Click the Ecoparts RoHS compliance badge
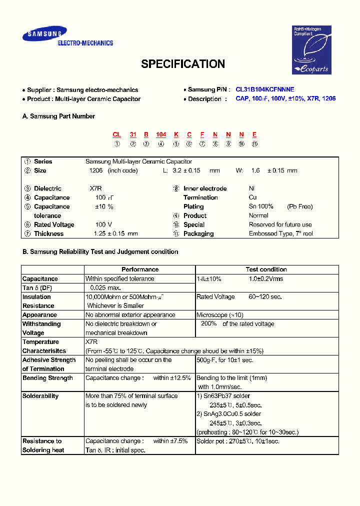311,50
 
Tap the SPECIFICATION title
182,64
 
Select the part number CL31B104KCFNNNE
265,89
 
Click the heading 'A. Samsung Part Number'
58,116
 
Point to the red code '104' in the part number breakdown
161,134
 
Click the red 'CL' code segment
116,134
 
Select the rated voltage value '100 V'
103,224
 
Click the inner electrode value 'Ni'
252,188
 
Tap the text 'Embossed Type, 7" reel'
280,233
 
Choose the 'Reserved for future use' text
280,224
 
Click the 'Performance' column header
140,269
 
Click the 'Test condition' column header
266,269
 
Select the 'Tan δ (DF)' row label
37,288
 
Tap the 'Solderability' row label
40,396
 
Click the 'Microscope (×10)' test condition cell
219,315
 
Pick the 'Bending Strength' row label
47,378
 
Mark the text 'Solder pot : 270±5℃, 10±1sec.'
237,441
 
